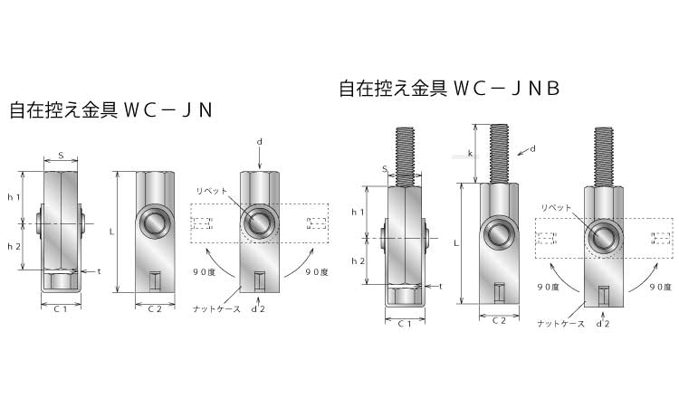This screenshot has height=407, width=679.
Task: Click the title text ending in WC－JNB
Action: coord(449,89)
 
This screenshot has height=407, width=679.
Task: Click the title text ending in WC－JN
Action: coord(110,110)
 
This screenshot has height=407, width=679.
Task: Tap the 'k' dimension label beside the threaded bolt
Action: coord(470,154)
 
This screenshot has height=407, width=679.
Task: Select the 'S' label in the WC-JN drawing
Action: coord(61,155)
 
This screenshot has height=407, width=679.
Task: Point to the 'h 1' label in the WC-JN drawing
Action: coord(14,197)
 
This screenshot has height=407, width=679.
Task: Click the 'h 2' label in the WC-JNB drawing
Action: coord(359,260)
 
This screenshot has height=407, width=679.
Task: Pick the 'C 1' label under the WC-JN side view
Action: coord(61,309)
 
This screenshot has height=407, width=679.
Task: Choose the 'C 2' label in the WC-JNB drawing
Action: coord(499,320)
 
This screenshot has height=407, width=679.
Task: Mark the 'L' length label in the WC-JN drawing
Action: coord(111,232)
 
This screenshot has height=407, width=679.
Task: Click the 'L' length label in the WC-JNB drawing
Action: coord(456,243)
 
